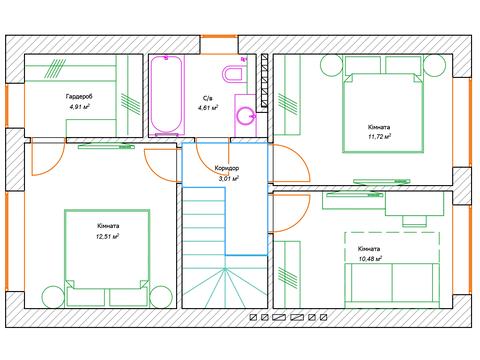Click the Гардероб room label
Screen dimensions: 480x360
(79, 97)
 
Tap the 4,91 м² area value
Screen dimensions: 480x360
(80, 107)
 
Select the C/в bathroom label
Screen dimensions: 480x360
(207, 98)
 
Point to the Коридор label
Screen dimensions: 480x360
(227, 168)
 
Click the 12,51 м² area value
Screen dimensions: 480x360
(108, 237)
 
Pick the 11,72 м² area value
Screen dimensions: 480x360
(379, 136)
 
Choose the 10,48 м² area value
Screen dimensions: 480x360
(370, 259)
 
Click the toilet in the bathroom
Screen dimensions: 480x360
(234, 74)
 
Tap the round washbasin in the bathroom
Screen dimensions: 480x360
(246, 116)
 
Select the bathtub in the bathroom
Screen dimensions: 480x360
(166, 95)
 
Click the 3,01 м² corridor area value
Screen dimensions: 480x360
(229, 179)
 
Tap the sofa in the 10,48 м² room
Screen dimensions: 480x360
(392, 283)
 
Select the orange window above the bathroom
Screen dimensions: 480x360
(219, 36)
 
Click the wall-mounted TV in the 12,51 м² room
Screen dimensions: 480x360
(107, 146)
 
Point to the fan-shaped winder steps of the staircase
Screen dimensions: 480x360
(225, 287)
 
